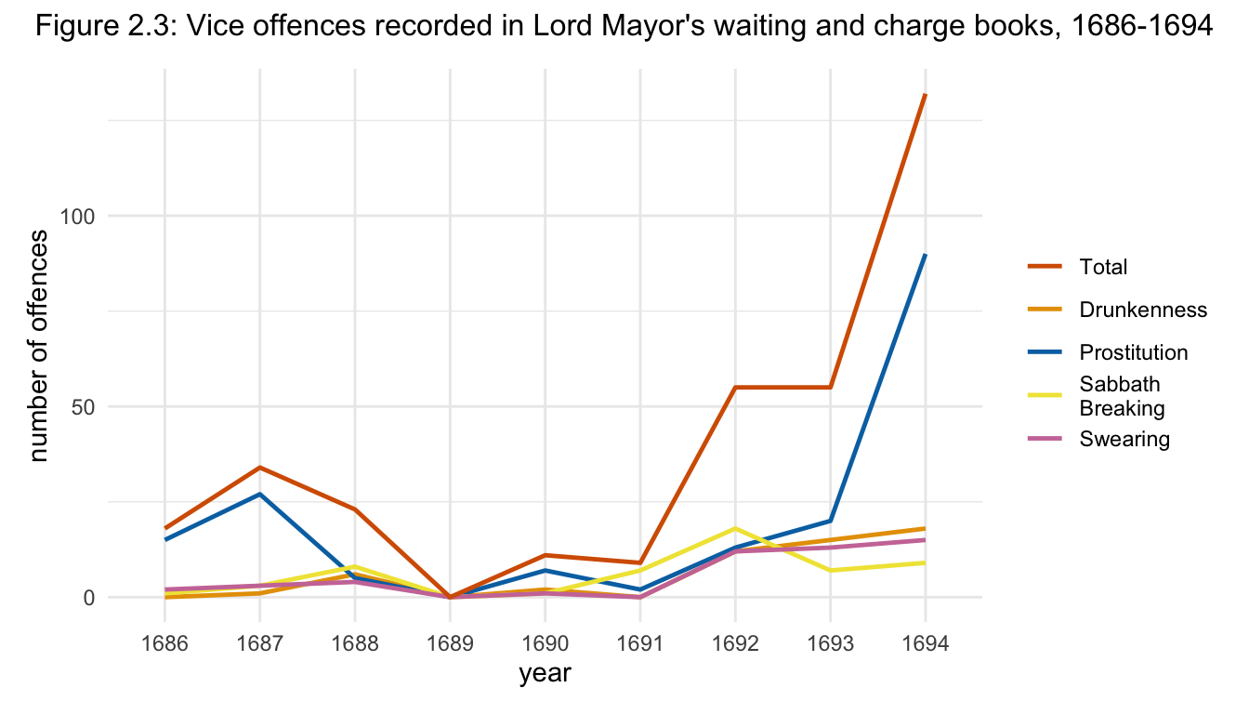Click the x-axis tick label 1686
[164, 644]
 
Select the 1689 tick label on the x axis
[450, 644]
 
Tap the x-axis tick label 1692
[735, 644]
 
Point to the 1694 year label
[925, 644]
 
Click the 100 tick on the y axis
[81, 216]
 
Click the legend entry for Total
[1103, 267]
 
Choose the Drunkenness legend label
[1143, 310]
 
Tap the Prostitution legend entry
[1134, 352]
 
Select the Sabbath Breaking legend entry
[1122, 396]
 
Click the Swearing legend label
[1124, 439]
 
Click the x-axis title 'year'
[545, 674]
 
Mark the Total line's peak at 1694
[925, 95]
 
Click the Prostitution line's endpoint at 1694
[925, 255]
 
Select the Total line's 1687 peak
[259, 468]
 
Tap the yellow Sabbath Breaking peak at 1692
[735, 528]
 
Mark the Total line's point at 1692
[735, 388]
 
